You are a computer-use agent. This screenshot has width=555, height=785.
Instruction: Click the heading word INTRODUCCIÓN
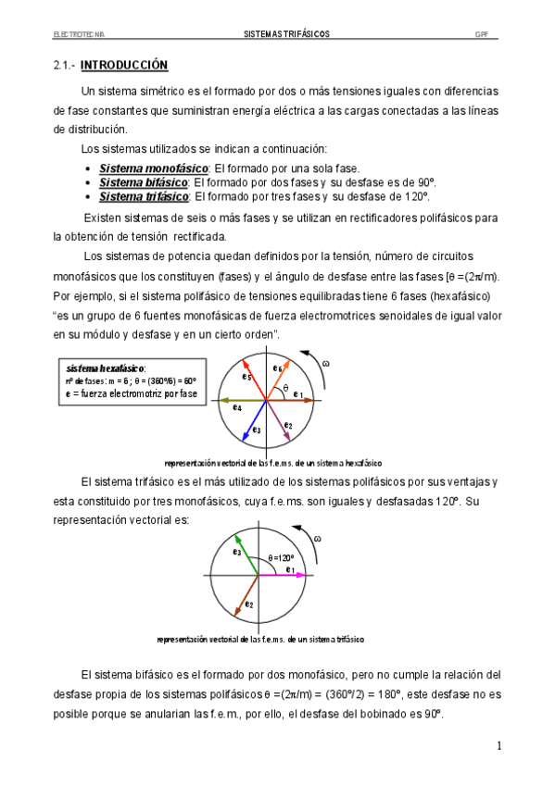[x=124, y=66]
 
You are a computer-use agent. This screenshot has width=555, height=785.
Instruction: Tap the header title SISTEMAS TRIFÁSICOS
[x=280, y=34]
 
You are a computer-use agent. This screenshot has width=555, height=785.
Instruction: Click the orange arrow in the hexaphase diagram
[x=282, y=377]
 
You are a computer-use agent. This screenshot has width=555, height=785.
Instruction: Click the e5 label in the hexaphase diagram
[x=246, y=377]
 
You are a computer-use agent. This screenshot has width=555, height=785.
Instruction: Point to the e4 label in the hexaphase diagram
[x=237, y=408]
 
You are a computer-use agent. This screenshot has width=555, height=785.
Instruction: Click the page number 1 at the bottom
[x=498, y=745]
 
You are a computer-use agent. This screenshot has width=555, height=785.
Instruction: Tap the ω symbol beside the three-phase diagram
[x=318, y=539]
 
